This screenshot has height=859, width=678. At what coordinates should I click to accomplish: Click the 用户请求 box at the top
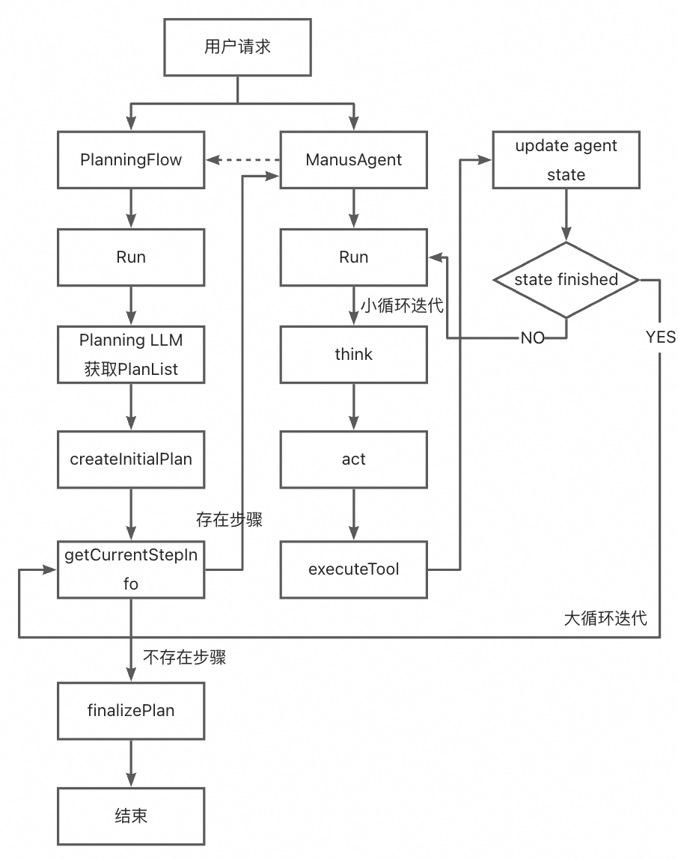[x=237, y=46]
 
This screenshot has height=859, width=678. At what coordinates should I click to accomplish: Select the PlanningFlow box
[x=131, y=159]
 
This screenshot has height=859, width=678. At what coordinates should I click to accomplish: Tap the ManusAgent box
[x=354, y=159]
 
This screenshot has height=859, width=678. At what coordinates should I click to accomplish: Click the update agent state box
[x=566, y=159]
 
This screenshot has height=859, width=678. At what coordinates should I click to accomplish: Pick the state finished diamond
[x=566, y=280]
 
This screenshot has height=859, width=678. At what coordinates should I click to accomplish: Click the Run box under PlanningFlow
[x=131, y=257]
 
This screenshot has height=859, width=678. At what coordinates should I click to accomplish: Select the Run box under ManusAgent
[x=354, y=257]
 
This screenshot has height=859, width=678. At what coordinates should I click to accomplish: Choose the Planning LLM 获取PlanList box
[x=131, y=354]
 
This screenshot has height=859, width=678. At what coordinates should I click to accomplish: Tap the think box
[x=354, y=354]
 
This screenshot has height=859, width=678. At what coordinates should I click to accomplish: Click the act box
[x=354, y=458]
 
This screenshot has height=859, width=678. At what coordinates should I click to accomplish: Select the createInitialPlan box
[x=131, y=459]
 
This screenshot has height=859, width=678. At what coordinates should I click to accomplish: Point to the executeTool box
[x=354, y=569]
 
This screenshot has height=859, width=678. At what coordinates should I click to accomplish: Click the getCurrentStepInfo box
[x=131, y=569]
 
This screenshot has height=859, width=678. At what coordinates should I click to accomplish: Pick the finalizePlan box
[x=131, y=710]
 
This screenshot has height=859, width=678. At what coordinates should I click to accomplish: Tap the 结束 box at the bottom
[x=131, y=816]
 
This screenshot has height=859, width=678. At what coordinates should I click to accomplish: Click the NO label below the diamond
[x=533, y=338]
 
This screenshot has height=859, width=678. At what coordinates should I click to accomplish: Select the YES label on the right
[x=660, y=337]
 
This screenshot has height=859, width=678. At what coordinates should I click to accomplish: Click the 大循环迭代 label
[x=605, y=619]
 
